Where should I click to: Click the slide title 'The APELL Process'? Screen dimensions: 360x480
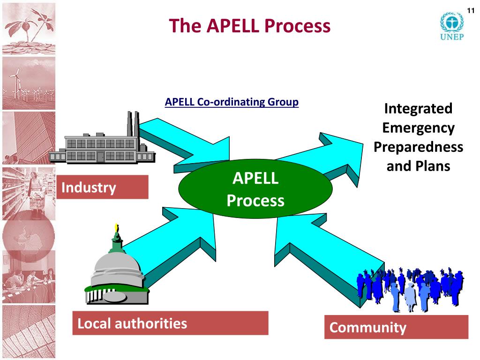[249, 26]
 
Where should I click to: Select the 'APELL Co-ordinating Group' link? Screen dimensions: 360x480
[232, 102]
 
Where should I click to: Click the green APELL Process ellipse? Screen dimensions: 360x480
[255, 189]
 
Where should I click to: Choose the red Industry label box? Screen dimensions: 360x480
[102, 187]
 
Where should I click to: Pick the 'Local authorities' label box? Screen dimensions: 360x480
[170, 323]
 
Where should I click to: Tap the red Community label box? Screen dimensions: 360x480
[396, 327]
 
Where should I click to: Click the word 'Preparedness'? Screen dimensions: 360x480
[418, 147]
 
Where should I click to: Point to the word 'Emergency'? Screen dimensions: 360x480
[418, 128]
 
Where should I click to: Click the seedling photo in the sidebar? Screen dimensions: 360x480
[28, 28]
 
